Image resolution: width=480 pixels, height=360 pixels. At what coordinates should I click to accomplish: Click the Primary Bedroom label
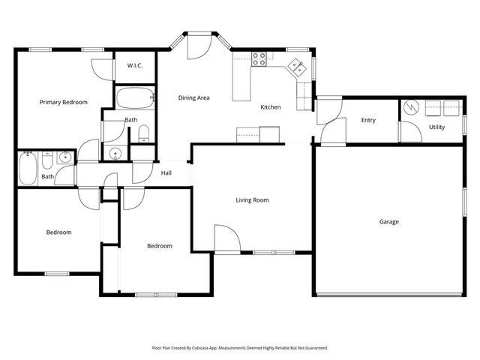coord(64,102)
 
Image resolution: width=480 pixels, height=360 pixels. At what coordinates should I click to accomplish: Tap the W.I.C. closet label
coord(135,66)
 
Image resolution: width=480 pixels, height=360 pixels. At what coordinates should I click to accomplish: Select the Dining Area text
coord(193,97)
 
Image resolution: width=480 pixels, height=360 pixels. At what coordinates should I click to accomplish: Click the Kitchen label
coord(271,107)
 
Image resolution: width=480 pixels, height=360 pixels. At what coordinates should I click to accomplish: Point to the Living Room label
coord(252,200)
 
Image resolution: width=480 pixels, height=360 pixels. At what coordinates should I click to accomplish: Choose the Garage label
coord(388,221)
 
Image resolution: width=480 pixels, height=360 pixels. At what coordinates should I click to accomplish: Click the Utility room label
coord(436,127)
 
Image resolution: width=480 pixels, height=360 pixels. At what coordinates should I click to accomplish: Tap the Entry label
coord(368,120)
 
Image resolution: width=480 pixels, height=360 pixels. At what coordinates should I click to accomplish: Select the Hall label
coord(166,173)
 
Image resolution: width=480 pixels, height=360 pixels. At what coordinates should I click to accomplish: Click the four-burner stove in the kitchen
coord(260,58)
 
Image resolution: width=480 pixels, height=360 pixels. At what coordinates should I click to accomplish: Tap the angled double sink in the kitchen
coord(296,67)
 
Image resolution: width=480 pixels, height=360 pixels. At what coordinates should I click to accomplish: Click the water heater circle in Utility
coord(409,108)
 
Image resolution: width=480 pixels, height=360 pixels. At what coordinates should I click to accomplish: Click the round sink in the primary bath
coord(115,154)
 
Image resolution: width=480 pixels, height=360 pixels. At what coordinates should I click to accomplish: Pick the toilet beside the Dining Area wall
coord(144,133)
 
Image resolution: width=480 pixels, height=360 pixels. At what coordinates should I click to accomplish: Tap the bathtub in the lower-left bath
coord(28,168)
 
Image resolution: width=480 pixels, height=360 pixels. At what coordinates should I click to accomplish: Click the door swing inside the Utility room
coord(409,130)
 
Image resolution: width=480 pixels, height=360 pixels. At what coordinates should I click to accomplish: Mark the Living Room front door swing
coord(227,241)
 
